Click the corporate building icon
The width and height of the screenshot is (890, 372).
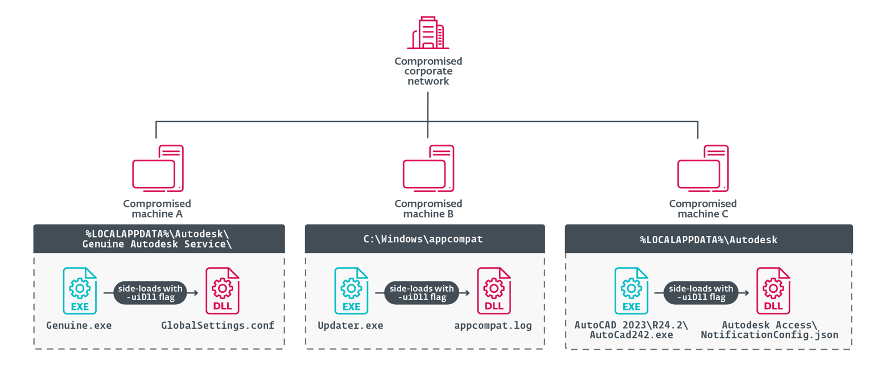(428, 32)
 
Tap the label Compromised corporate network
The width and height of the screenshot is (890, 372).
(428, 71)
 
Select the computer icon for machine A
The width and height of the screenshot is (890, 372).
(158, 168)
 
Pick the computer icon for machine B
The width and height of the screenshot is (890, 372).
(428, 168)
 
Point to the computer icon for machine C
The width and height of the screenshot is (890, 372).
(703, 168)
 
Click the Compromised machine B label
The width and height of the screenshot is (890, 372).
(428, 209)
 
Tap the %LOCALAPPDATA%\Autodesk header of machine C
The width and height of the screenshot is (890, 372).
(709, 239)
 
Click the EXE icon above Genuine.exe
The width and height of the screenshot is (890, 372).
(80, 291)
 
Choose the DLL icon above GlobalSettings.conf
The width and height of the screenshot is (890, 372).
(222, 291)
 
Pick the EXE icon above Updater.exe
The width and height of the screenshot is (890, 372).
(351, 291)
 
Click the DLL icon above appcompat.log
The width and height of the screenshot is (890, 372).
(494, 291)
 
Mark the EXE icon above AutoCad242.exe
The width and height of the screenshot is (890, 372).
(631, 291)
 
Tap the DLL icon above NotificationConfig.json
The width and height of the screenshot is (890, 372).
(773, 291)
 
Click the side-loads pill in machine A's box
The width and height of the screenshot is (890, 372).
(150, 293)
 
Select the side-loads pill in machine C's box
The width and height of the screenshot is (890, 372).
(701, 293)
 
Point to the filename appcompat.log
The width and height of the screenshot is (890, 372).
(493, 325)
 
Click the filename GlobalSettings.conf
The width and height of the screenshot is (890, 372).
(218, 325)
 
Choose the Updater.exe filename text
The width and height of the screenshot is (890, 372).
(351, 325)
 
